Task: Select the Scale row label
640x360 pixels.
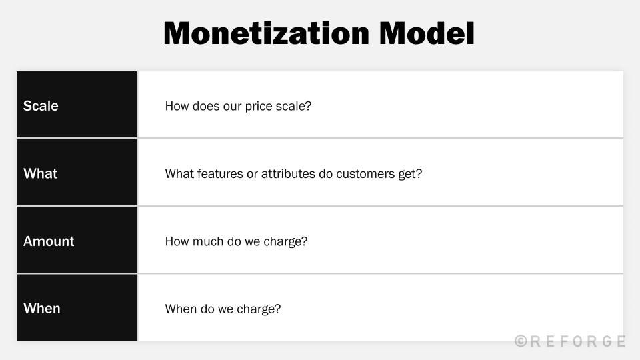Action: (x=41, y=106)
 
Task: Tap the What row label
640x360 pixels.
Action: (x=40, y=173)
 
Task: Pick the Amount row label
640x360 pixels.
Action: (x=49, y=241)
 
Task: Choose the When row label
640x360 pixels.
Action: (x=41, y=309)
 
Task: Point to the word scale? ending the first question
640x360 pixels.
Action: (x=295, y=106)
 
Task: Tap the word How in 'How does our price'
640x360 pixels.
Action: (x=176, y=106)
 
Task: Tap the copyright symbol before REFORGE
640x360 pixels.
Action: (x=521, y=341)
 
